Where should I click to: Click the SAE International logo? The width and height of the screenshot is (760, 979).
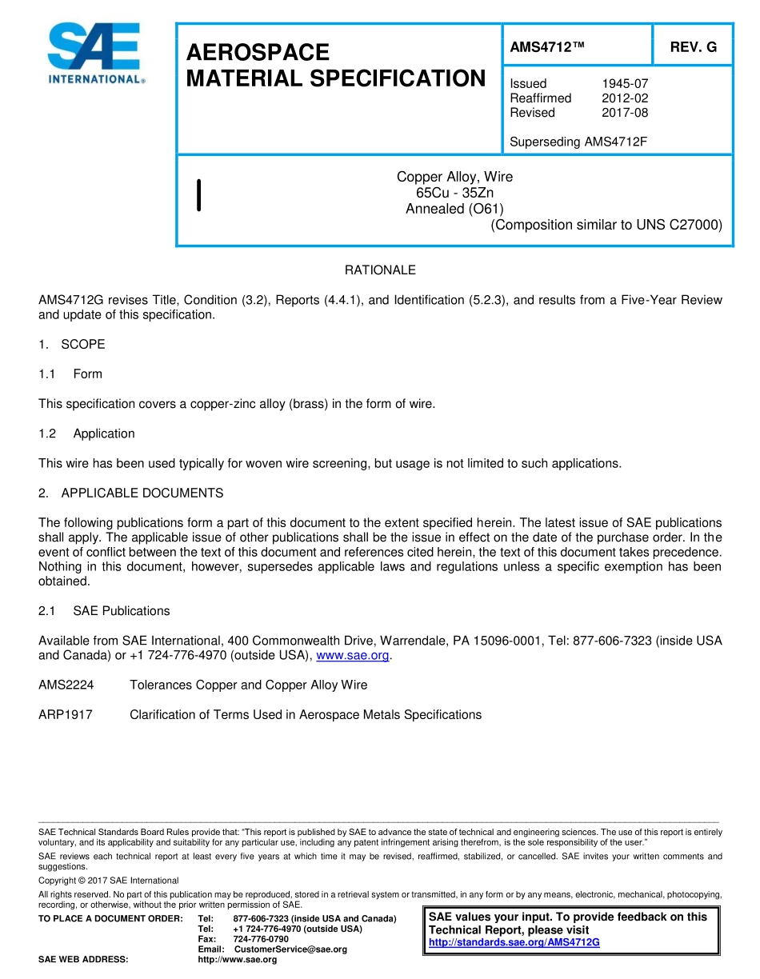click(96, 54)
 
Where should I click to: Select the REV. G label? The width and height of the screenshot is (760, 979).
click(693, 48)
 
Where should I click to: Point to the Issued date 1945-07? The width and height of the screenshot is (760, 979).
click(624, 83)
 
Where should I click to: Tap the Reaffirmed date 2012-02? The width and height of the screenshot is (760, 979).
click(624, 98)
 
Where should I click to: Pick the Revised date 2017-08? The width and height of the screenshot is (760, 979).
click(624, 113)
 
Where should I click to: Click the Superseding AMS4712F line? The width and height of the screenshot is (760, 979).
click(578, 142)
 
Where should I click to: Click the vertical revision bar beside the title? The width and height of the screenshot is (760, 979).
click(198, 196)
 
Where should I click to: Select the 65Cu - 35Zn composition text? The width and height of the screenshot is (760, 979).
click(454, 193)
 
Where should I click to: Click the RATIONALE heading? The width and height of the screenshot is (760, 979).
click(380, 270)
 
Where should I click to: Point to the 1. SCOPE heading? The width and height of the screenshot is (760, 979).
click(72, 345)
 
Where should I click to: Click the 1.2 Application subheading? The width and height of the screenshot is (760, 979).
click(86, 434)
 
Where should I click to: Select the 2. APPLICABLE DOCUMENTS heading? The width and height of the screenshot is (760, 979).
click(131, 493)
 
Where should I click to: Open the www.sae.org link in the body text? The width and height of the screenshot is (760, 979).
click(353, 656)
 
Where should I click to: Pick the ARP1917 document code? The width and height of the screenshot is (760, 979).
click(66, 715)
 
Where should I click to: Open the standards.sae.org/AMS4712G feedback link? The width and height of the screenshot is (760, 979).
click(514, 943)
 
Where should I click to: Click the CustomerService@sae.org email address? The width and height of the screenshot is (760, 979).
click(290, 949)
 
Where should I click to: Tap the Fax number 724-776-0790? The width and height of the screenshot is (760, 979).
click(261, 939)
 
